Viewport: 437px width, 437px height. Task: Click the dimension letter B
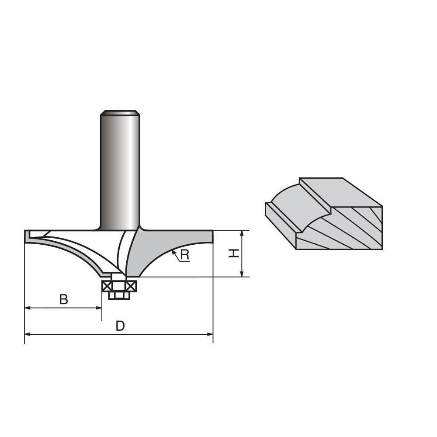coord(64,299)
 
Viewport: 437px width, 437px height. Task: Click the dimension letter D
coord(120,326)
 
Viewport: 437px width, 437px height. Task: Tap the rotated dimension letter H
coord(234,253)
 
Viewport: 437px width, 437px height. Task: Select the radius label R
coord(185,255)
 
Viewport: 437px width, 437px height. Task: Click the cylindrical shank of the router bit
coord(120,170)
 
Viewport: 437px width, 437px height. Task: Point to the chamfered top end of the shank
coord(120,113)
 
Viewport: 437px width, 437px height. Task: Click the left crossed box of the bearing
coord(107,286)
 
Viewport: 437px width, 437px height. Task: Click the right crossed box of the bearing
coord(131,286)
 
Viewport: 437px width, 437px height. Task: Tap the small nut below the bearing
coord(119,295)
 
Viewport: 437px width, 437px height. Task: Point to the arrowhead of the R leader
coord(173,251)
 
